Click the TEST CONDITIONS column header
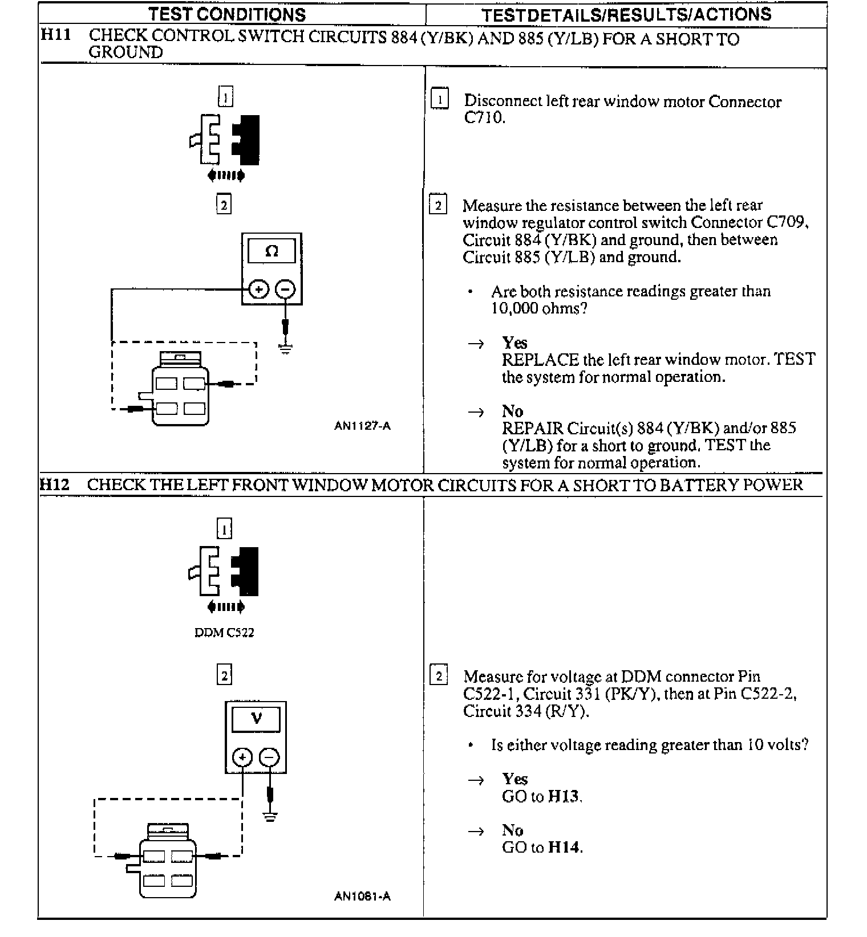point(227,14)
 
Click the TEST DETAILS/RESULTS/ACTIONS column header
point(626,14)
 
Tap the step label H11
point(56,35)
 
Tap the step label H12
point(55,484)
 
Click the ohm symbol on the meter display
point(272,251)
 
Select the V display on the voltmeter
point(256,718)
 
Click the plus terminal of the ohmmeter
point(258,290)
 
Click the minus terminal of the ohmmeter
point(285,290)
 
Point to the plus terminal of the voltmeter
point(242,757)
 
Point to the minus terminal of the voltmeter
point(269,757)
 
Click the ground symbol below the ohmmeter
point(285,348)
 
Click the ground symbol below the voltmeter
point(270,816)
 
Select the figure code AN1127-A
point(362,426)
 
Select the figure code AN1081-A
point(362,897)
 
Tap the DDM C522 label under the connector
point(224,633)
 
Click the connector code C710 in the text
point(484,119)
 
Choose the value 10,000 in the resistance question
point(513,308)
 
